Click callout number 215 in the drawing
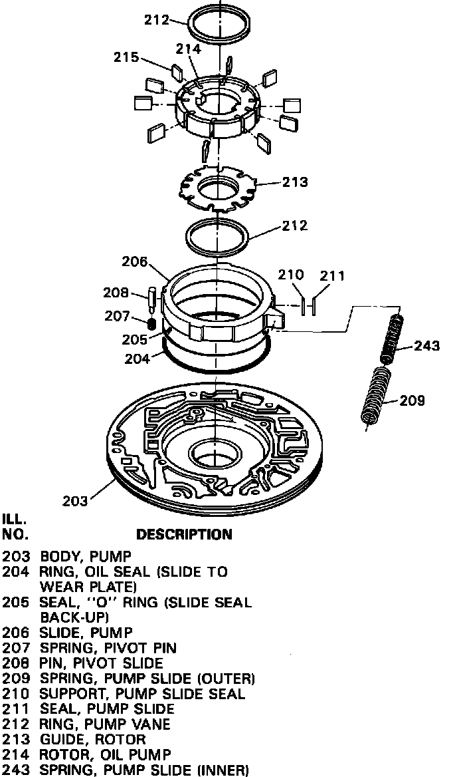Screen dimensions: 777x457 click(x=126, y=58)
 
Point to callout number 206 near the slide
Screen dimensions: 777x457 click(x=135, y=262)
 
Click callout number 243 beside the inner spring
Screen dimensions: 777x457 click(x=427, y=345)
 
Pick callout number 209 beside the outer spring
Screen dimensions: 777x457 click(x=411, y=400)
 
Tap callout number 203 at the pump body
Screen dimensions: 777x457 click(x=74, y=501)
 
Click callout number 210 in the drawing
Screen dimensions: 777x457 click(x=291, y=275)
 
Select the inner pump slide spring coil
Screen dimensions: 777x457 click(x=392, y=339)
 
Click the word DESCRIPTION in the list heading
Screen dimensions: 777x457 click(x=184, y=534)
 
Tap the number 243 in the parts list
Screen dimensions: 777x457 click(x=15, y=770)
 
